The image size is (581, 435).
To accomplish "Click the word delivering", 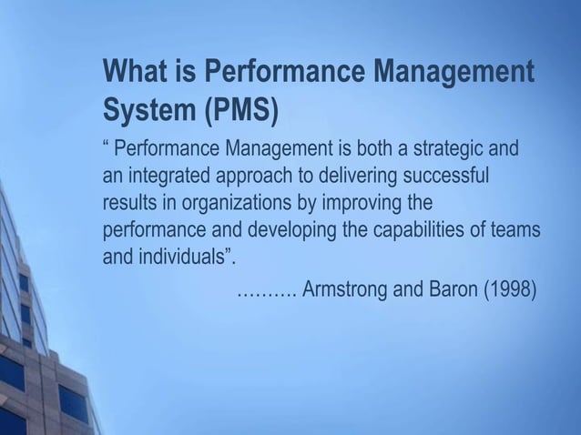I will tap(361, 174).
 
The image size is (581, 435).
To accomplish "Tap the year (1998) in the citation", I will tap(505, 290).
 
